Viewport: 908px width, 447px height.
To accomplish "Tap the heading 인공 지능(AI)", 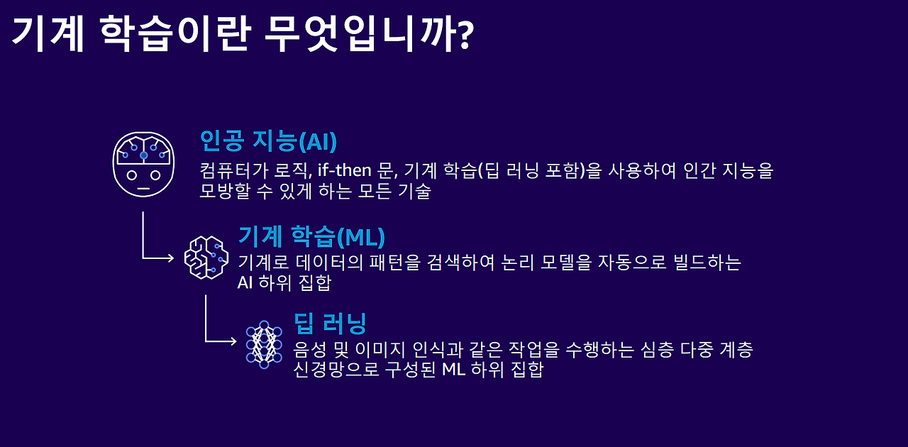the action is click(268, 141).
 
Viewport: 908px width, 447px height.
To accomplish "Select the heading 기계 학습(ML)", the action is click(311, 236).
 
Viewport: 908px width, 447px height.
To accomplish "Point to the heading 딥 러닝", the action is click(330, 324).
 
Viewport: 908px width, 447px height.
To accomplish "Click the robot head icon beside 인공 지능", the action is click(143, 165).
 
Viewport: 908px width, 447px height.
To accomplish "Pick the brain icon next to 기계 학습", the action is click(206, 258).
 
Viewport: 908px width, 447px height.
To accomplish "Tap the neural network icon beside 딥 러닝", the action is click(264, 344).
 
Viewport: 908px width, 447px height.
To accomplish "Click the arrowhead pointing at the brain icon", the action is click(171, 258).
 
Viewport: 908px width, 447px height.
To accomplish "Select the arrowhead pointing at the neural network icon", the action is click(233, 341).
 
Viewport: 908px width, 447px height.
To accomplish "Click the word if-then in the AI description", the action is click(345, 170).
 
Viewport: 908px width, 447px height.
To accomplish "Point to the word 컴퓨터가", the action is click(234, 170).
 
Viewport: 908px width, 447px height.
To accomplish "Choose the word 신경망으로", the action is click(336, 369).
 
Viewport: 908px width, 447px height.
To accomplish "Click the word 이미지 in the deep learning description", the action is click(380, 349).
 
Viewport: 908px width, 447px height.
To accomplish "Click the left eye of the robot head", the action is click(132, 175).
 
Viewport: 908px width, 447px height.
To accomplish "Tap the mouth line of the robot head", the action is click(143, 189).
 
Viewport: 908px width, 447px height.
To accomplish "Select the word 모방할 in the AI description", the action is click(225, 191).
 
